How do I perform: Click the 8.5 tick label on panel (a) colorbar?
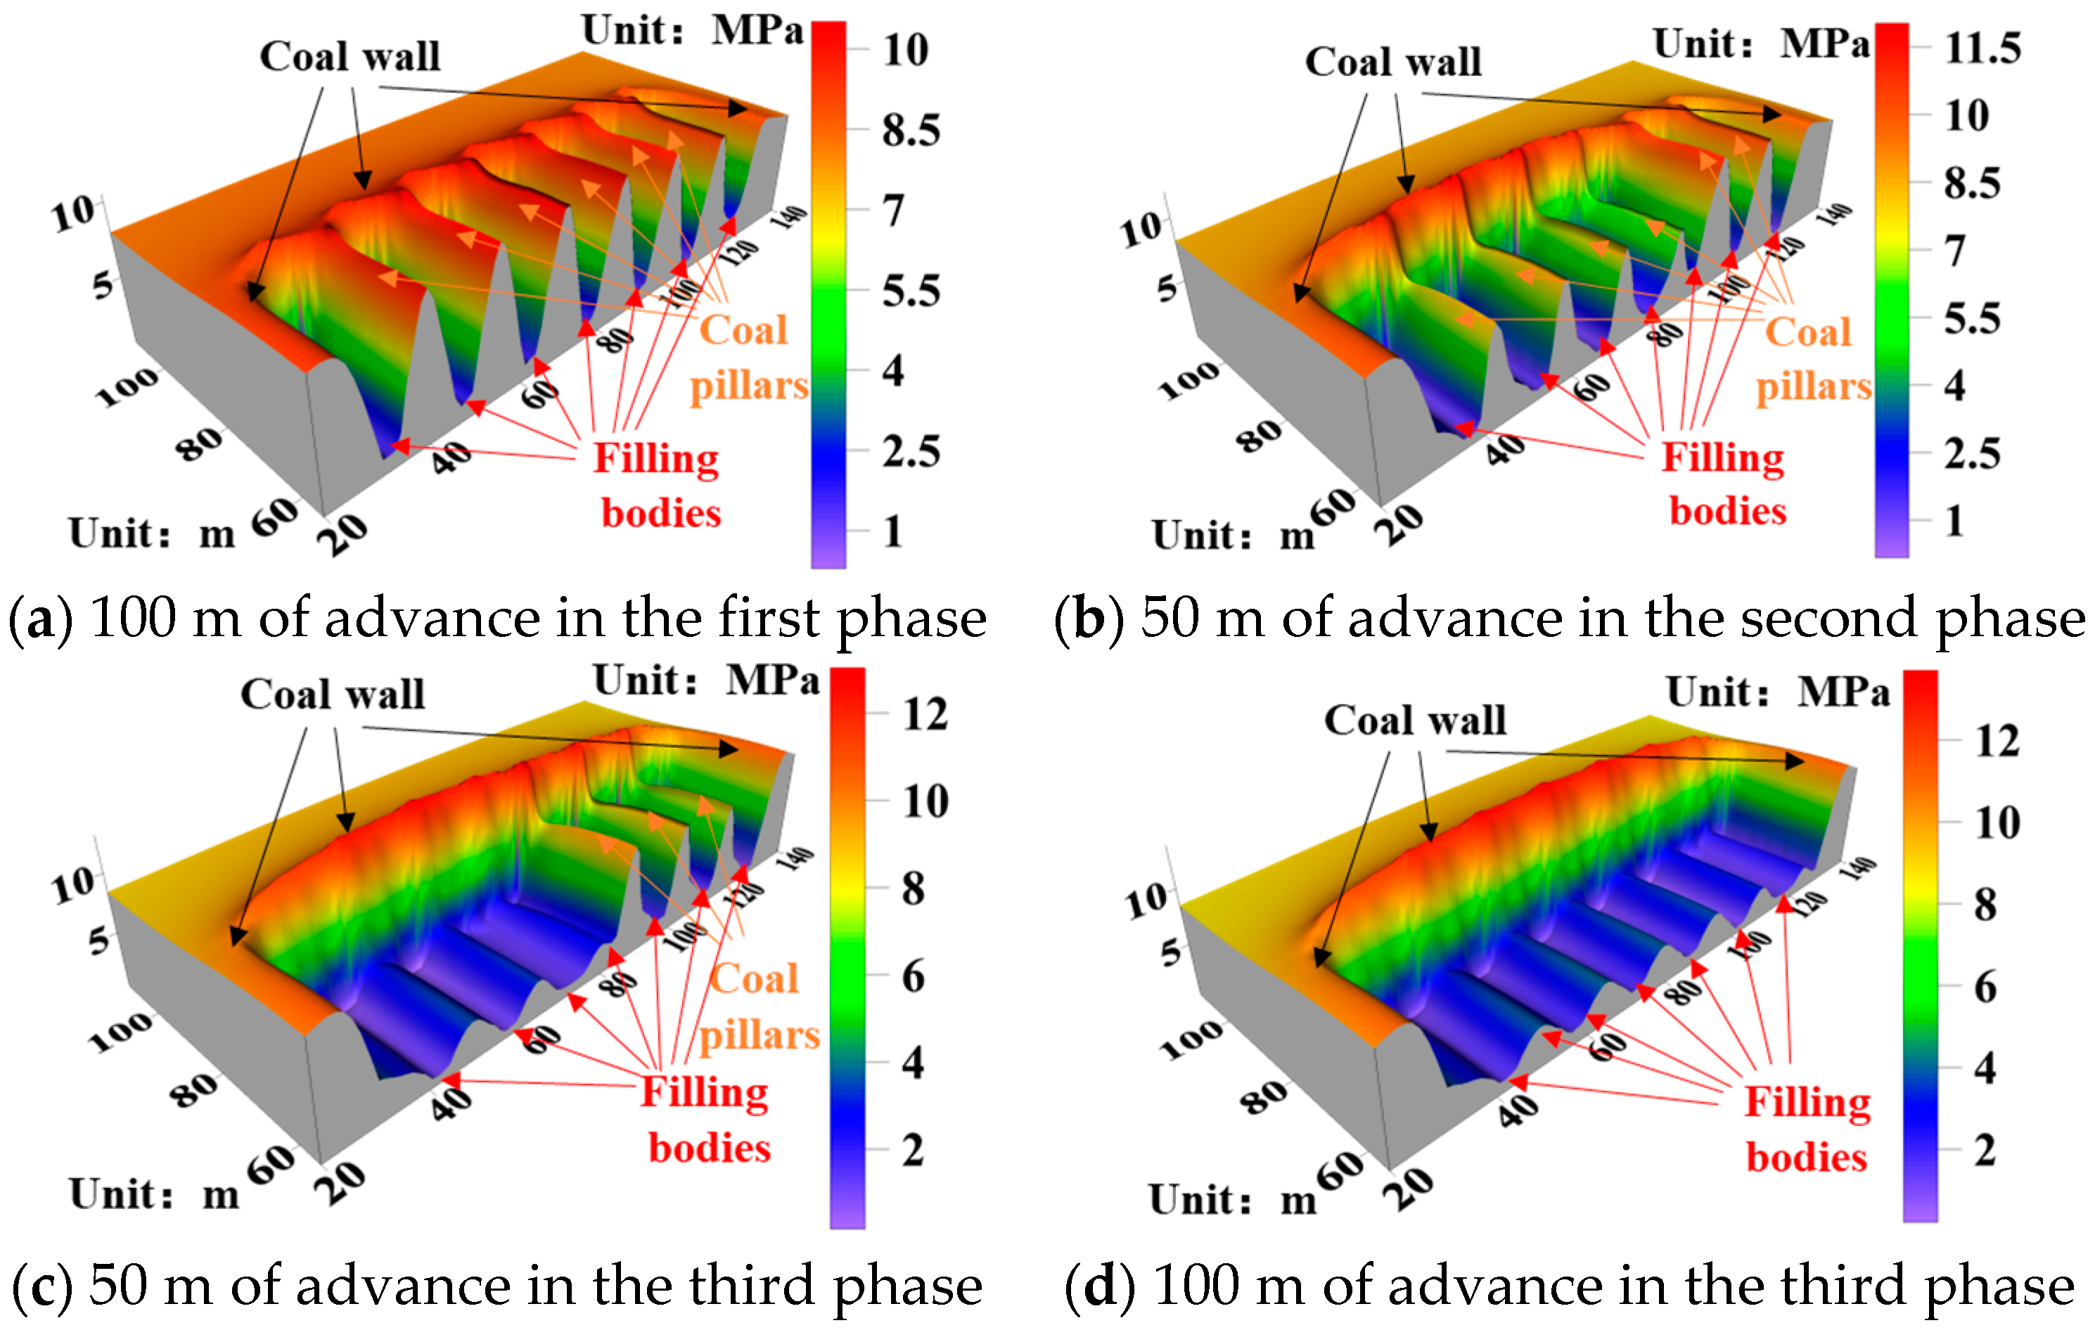coord(910,131)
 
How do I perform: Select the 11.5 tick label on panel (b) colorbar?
coord(1982,48)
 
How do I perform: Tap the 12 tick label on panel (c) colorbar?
coord(925,715)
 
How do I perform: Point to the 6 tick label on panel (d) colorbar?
coord(1985,987)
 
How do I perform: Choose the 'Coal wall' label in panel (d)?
coord(1415,721)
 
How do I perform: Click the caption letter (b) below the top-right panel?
coord(1089,618)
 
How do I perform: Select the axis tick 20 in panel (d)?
coord(1408,1188)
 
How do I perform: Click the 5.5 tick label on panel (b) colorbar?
coord(1971,319)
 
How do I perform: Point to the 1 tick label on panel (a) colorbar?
coord(892,531)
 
